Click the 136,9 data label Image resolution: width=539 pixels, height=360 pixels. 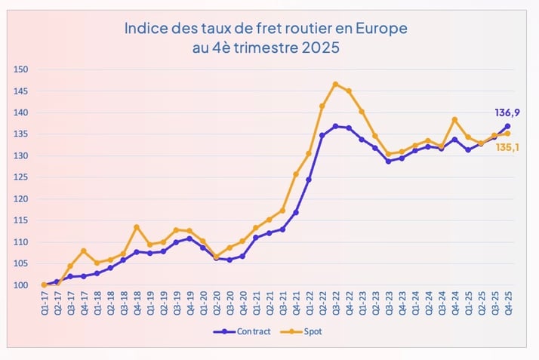tap(507, 112)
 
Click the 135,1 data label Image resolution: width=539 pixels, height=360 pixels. tap(507, 147)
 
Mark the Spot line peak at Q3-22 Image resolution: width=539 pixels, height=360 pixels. tap(335, 84)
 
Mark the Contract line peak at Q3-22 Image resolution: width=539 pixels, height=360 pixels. tap(335, 126)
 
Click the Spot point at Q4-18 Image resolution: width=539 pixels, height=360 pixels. tap(136, 226)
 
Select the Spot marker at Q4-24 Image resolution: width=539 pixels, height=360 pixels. tap(454, 119)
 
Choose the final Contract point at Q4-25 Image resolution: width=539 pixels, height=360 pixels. tap(507, 126)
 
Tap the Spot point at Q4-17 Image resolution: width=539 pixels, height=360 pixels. tap(83, 251)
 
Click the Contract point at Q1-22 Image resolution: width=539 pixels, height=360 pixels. tap(309, 180)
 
